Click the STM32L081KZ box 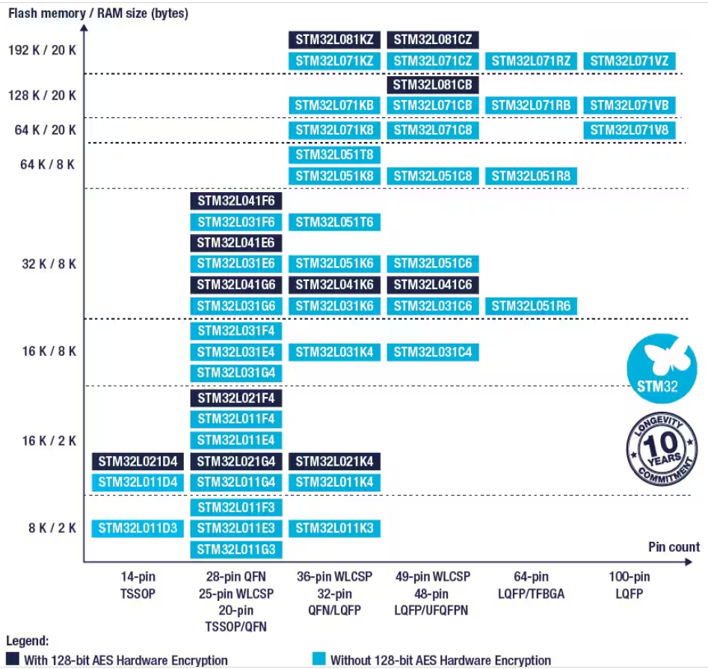[x=334, y=40]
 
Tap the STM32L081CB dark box [x=433, y=84]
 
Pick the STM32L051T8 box [x=334, y=155]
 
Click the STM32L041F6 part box [x=236, y=200]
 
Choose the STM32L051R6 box [x=531, y=306]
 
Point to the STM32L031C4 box [x=433, y=352]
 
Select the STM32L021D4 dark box [x=138, y=461]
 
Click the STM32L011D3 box [x=138, y=528]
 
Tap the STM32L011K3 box [x=334, y=528]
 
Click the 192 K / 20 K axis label [x=43, y=51]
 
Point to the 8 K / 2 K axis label [x=52, y=528]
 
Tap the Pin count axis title [x=674, y=547]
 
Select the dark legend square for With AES [x=12, y=660]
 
